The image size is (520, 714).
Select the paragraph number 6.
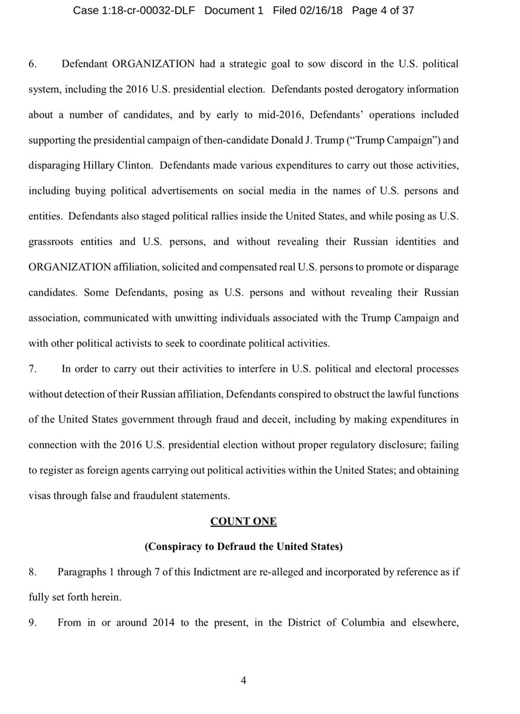(33, 63)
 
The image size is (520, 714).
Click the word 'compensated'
(238, 267)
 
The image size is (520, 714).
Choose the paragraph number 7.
(33, 369)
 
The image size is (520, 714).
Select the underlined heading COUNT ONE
(244, 522)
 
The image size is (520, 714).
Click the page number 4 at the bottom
(244, 681)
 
